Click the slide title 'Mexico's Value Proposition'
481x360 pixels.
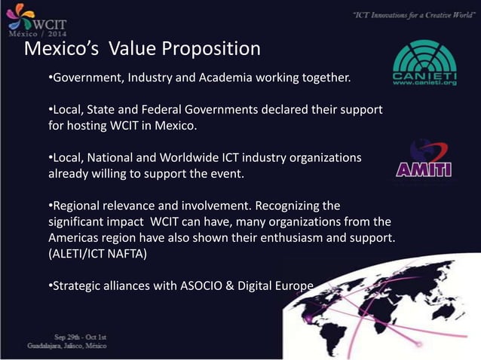click(x=142, y=50)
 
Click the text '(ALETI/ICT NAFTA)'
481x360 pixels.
click(x=97, y=255)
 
